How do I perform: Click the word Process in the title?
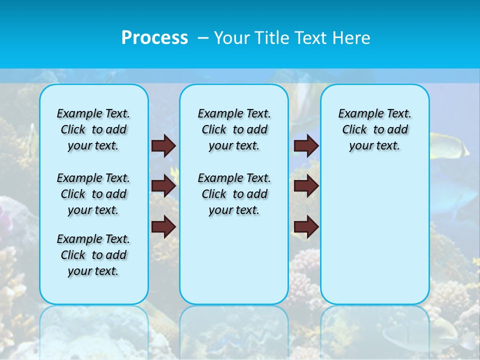click(154, 37)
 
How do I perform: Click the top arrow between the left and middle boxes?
click(163, 146)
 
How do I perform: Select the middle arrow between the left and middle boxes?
click(163, 186)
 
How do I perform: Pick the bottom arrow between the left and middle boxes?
click(163, 226)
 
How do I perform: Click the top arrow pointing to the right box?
click(306, 146)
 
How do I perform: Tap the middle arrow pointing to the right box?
click(306, 186)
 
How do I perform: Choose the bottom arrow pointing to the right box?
click(306, 226)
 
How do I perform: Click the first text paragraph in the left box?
click(93, 129)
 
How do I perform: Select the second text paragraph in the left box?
click(93, 194)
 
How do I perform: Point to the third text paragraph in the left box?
click(93, 255)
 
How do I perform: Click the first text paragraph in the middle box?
click(234, 129)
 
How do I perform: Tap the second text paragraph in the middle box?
click(234, 194)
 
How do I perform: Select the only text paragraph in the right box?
click(375, 129)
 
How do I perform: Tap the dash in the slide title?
click(202, 38)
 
